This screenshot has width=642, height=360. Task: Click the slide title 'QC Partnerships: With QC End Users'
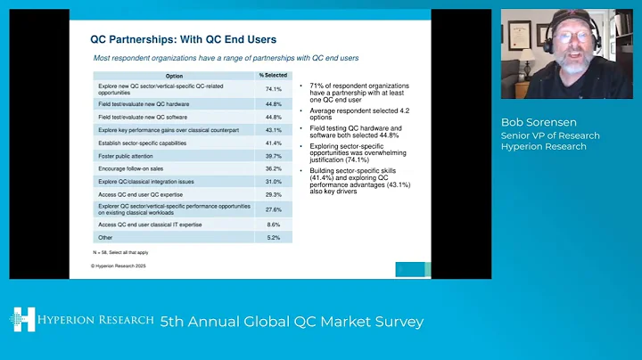184,39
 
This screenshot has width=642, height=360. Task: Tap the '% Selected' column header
274,75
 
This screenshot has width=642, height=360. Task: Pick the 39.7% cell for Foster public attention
274,156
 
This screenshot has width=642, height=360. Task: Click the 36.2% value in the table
274,168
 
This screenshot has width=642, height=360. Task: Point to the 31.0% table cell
274,182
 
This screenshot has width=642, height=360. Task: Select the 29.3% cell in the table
274,194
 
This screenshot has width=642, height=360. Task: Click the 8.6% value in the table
274,225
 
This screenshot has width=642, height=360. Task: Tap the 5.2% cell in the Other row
274,238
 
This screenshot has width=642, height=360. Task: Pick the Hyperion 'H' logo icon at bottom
22,321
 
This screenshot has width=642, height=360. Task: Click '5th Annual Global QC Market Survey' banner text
291,321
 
